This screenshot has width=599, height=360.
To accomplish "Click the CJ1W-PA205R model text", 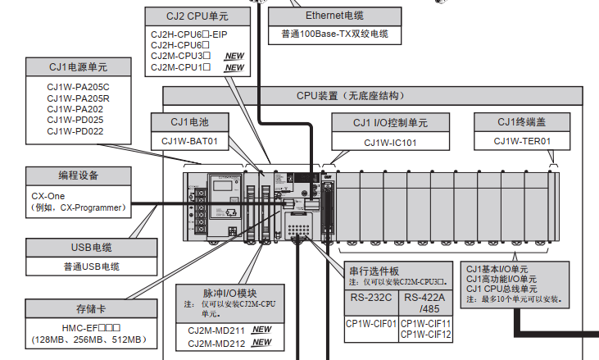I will point(78,98).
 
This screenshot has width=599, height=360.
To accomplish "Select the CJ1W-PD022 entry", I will point(75,130).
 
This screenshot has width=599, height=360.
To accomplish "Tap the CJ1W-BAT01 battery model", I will point(190,141).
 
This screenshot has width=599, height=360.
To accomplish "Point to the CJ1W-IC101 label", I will point(391,142).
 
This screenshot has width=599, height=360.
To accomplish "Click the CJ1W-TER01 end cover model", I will point(522,141).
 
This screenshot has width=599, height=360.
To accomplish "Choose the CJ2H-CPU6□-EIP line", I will point(188,34).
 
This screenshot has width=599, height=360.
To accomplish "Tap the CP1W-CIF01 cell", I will point(370,323).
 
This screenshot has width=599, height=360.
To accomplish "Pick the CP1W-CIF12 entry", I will point(426,334).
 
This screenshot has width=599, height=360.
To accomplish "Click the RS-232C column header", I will point(370,297).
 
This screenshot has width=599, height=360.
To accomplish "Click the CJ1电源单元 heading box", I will point(78,66).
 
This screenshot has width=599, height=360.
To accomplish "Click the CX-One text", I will point(48,197).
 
